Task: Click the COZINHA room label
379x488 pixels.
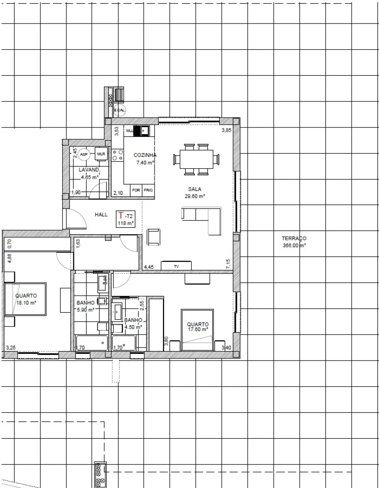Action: (145, 155)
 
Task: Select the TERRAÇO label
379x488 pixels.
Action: (294, 239)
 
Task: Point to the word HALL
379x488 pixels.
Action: (101, 215)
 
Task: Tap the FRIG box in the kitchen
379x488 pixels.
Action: (148, 190)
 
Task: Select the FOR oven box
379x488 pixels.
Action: (136, 190)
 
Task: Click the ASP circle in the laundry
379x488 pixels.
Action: (84, 154)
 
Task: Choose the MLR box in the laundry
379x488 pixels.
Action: (101, 154)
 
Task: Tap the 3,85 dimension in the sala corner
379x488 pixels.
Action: (226, 131)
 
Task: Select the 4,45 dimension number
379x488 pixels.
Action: (149, 267)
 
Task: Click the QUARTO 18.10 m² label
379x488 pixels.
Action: (26, 299)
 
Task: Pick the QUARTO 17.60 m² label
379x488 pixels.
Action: (198, 327)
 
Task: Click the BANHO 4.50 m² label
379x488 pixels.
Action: (133, 323)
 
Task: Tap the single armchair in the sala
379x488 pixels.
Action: (153, 236)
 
